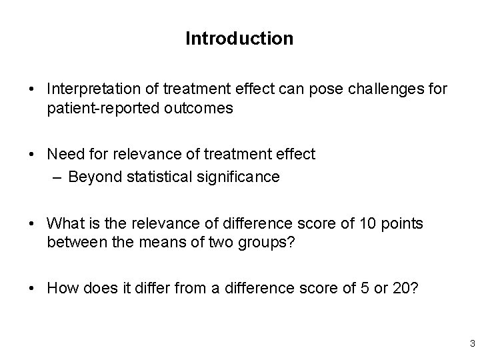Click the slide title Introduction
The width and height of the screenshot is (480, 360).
coord(239,39)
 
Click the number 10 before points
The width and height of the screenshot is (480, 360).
coord(369,223)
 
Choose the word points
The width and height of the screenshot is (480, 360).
coord(403,223)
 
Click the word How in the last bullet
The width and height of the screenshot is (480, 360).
coord(61,288)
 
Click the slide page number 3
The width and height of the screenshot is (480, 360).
coord(471,345)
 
